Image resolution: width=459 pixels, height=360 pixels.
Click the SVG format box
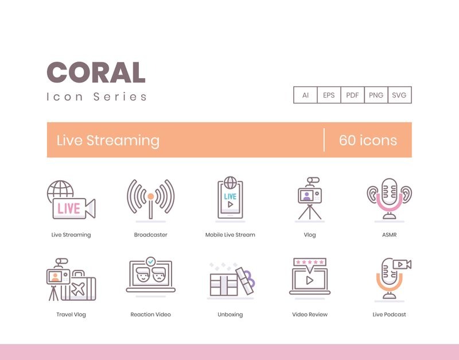coord(399,95)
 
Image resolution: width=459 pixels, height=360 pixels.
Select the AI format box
coord(305,95)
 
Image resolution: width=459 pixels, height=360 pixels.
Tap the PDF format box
coord(352,95)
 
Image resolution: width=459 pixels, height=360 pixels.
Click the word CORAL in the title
coord(96,72)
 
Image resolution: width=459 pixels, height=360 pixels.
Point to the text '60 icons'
coord(368,140)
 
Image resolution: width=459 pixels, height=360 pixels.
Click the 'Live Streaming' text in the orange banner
coord(108,140)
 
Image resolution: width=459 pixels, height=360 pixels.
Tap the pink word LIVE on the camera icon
coord(69,208)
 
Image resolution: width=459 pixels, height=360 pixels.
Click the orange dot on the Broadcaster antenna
coord(151,196)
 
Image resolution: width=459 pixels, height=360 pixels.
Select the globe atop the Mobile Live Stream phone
coord(230,183)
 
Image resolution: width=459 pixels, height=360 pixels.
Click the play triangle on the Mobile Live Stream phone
coord(231,204)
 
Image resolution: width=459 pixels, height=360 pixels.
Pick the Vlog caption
coord(310,235)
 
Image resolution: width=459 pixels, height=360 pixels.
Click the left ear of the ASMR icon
coord(372,194)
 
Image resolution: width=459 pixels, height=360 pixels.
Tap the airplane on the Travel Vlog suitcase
coord(78,289)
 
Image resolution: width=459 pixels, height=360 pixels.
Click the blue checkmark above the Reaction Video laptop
coord(151,261)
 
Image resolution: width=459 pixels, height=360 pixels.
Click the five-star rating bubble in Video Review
coord(310,264)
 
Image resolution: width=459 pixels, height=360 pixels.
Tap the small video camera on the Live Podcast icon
coord(402,265)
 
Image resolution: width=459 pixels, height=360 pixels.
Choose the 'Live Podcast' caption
coord(390,315)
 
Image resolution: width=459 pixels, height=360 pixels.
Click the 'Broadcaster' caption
coord(151,235)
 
